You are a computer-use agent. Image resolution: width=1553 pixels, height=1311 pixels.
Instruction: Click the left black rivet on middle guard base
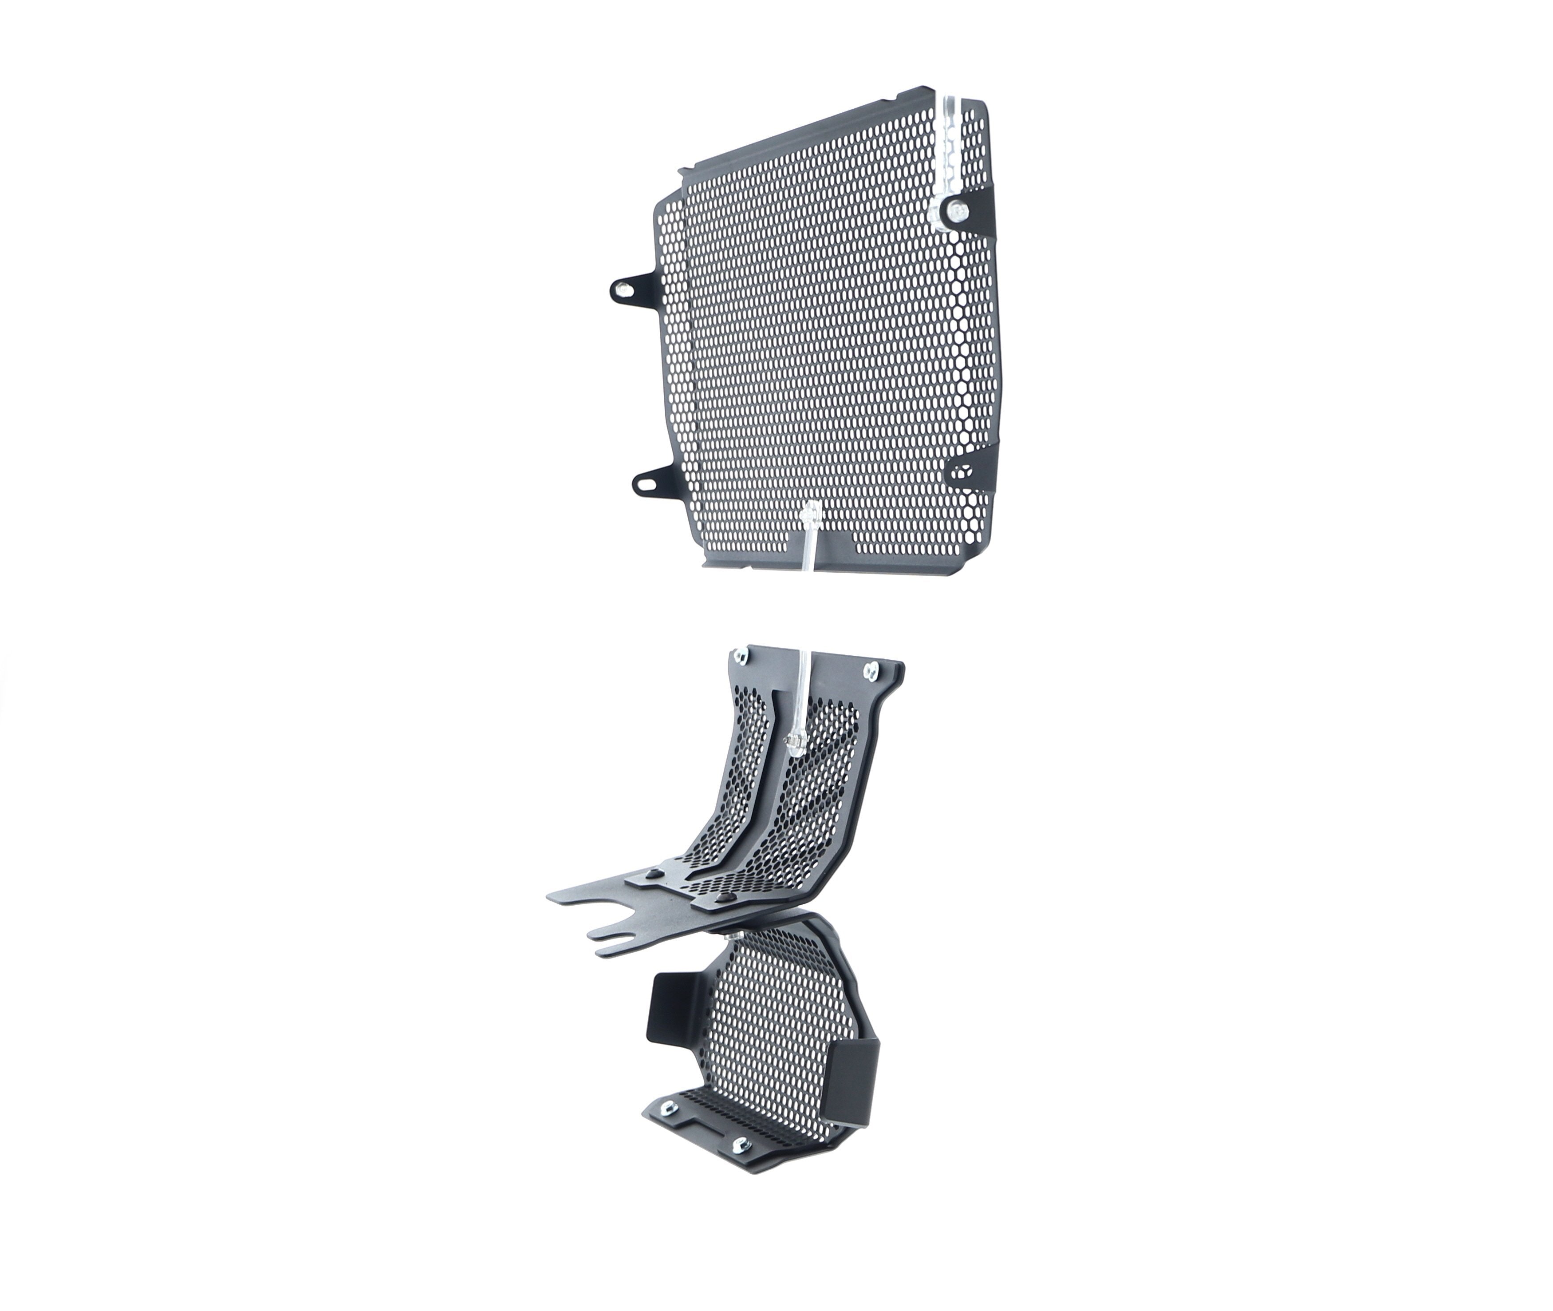pyautogui.click(x=654, y=874)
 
